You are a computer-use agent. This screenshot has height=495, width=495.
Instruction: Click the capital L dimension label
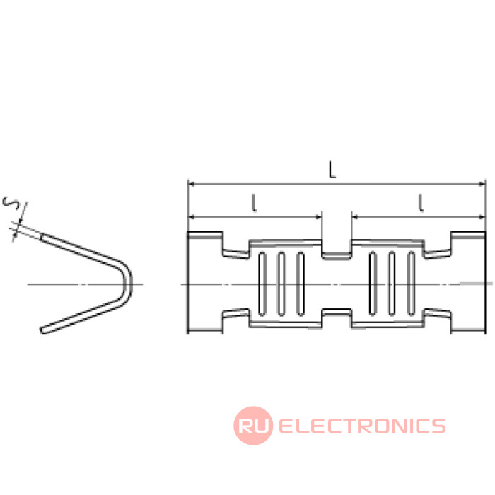(x=332, y=169)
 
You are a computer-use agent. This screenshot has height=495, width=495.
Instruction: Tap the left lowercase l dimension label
(x=253, y=203)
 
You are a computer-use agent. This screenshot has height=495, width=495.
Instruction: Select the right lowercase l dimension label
(x=420, y=203)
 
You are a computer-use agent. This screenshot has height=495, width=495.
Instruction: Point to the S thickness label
(x=11, y=204)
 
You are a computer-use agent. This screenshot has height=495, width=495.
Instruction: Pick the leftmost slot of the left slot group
(x=262, y=284)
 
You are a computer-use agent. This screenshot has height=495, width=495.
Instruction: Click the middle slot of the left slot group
(x=281, y=284)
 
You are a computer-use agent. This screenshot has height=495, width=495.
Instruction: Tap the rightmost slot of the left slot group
(x=301, y=284)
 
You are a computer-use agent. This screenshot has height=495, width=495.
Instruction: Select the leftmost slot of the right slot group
(x=373, y=284)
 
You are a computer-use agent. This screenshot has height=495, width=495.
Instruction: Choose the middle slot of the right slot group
(x=392, y=284)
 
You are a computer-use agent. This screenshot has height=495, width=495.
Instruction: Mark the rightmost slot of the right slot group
(x=411, y=284)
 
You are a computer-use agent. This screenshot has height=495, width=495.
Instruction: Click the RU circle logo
(x=253, y=426)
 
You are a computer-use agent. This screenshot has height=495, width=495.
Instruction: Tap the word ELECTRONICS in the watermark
(x=362, y=426)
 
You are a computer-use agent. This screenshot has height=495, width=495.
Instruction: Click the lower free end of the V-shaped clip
(x=44, y=330)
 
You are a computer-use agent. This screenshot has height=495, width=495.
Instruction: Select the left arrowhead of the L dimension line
(x=192, y=184)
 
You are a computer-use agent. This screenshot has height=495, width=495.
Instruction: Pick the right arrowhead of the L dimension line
(x=482, y=184)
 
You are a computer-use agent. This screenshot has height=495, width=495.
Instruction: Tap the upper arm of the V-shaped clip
(x=81, y=250)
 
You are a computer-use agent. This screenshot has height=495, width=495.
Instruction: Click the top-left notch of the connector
(x=236, y=246)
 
